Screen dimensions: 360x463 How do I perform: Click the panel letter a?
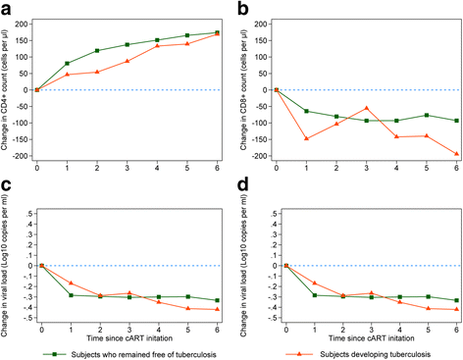[x=6, y=8]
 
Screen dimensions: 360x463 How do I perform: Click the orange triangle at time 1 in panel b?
[x=307, y=138]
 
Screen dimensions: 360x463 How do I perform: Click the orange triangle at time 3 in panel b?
[x=367, y=108]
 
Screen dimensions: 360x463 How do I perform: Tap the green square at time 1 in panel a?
[x=67, y=64]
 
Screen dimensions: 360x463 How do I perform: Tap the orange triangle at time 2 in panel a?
[x=96, y=72]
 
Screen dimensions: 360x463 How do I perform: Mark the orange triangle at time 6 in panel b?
[x=456, y=154]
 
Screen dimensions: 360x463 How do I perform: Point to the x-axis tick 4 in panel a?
[x=156, y=168]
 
